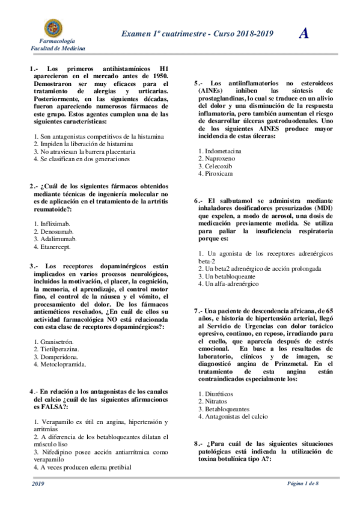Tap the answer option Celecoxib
[216, 166]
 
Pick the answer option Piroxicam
[216, 174]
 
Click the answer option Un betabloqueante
[226, 276]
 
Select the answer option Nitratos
[213, 401]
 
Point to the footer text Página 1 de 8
[306, 484]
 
